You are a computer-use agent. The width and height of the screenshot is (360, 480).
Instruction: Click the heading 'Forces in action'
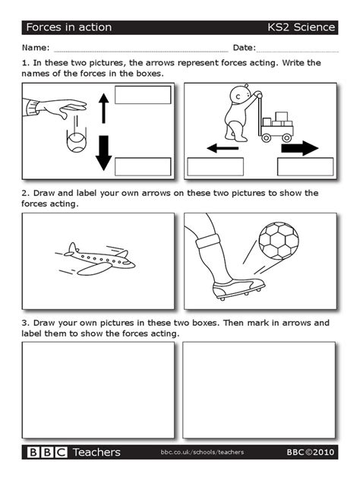point(69,27)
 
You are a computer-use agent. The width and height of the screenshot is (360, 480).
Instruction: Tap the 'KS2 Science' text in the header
point(301,27)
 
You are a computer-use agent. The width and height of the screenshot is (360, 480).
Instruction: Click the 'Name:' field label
point(38,48)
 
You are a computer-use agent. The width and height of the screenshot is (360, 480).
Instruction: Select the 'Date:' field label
point(244,48)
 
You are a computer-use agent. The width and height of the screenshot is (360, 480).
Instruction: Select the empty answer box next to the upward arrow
point(143,95)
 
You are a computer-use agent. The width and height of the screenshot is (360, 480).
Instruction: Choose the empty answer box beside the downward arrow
point(143,166)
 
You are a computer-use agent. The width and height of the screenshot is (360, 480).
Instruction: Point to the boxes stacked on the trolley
point(280,120)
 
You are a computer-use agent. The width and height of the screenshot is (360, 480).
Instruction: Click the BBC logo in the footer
point(46,452)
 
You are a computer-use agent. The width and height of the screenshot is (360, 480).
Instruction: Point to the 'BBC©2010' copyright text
point(310,452)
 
